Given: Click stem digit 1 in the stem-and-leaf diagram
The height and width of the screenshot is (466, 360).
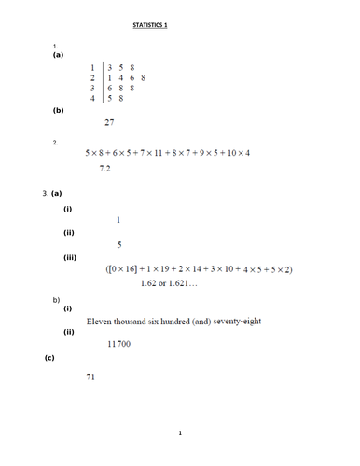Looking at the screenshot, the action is (x=92, y=68).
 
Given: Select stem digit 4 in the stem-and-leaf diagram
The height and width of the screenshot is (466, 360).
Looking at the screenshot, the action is (x=92, y=97).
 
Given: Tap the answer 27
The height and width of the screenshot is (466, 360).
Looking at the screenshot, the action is (x=109, y=123).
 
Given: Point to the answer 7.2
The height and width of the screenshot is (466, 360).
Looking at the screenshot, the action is (x=105, y=170).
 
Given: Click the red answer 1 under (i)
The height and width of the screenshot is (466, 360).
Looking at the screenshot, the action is (x=118, y=219).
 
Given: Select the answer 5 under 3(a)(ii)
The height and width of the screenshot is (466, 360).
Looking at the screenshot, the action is (x=119, y=245).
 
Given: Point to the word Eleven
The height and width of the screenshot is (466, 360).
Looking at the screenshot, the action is (x=100, y=321).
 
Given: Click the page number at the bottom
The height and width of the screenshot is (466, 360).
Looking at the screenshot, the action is (x=179, y=433).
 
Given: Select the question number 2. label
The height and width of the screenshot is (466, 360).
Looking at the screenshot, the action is (x=56, y=143).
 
